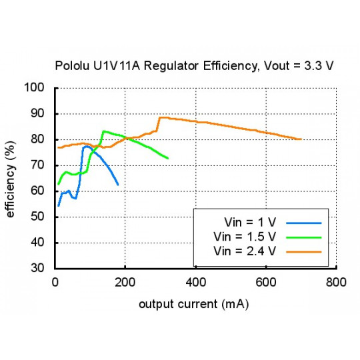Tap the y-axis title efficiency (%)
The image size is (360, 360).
click(x=11, y=177)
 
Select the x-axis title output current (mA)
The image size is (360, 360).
click(x=194, y=304)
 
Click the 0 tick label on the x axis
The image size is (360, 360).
click(x=55, y=282)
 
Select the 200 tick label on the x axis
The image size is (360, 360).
click(x=125, y=282)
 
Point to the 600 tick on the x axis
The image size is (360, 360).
click(x=266, y=282)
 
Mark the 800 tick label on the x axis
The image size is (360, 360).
click(x=336, y=282)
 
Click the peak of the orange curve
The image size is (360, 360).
click(x=161, y=117)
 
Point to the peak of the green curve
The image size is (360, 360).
click(x=103, y=131)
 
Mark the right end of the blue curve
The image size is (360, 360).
click(x=118, y=185)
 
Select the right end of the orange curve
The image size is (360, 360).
click(x=301, y=139)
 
